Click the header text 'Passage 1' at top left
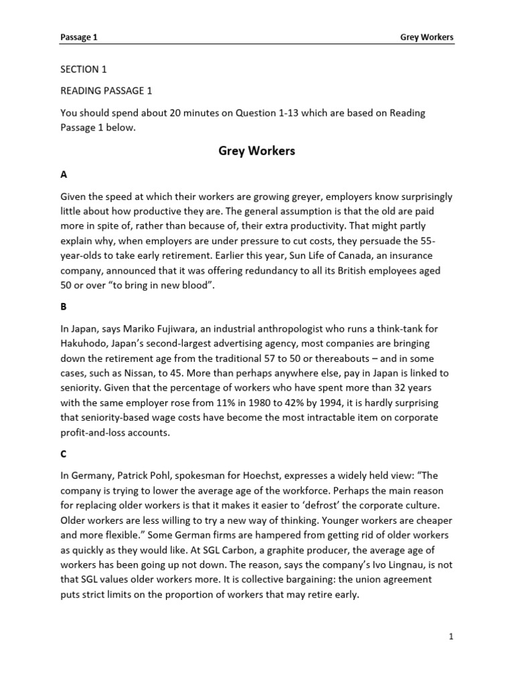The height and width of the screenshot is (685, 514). point(79,37)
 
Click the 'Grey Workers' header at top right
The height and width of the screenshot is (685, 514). point(426,37)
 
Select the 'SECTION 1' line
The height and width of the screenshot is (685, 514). point(84,69)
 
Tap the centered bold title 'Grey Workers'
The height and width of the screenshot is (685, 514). point(256,151)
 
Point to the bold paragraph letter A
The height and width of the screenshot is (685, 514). point(64,174)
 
